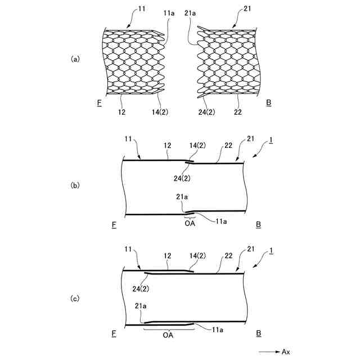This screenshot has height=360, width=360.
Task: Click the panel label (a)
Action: (74, 58)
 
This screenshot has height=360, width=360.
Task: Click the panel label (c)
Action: (74, 299)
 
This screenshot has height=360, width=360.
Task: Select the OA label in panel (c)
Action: (168, 334)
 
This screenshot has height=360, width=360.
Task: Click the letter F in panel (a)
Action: (98, 102)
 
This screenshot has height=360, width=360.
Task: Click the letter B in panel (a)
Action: (268, 102)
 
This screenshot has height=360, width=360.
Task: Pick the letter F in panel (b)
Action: (114, 225)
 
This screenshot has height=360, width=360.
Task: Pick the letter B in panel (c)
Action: (258, 334)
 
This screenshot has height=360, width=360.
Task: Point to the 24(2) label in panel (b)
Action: (182, 178)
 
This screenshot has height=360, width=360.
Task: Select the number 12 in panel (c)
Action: (168, 256)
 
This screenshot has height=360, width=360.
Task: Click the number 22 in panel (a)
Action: (238, 112)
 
